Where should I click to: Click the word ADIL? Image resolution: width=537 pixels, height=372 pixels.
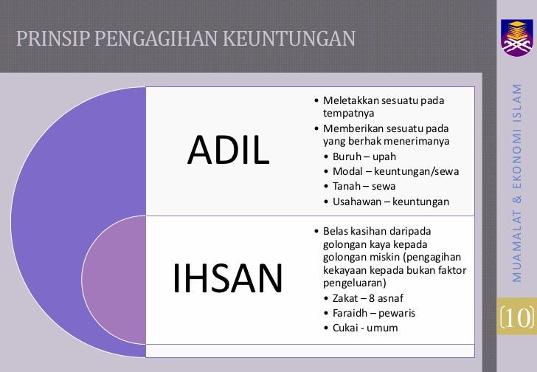228,151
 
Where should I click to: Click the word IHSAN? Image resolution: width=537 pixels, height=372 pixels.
228,278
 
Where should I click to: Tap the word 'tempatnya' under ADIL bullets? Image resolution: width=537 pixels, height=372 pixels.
348,114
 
